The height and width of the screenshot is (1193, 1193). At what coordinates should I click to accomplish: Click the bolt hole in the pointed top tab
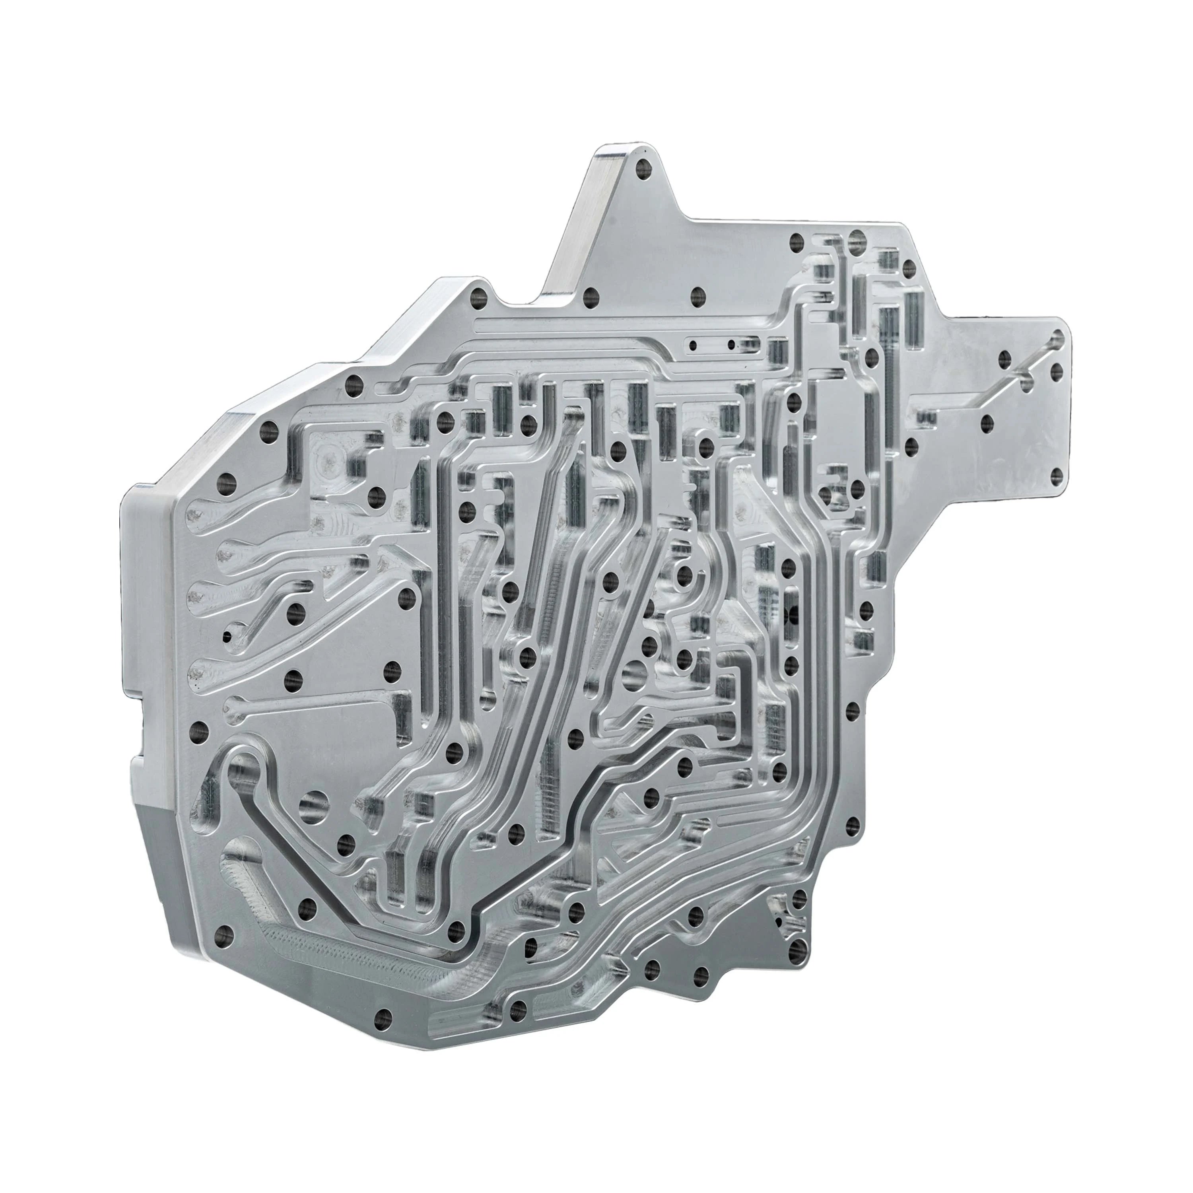[x=644, y=167]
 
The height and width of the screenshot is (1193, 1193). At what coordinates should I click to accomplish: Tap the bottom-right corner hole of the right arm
[x=1057, y=474]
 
